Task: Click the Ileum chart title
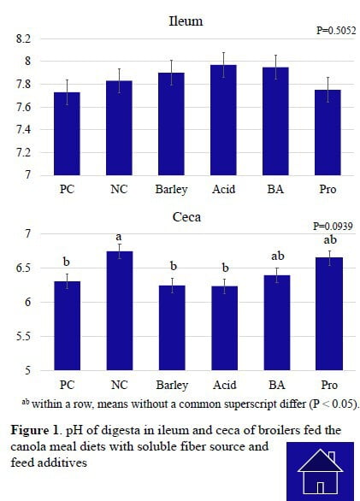coord(186,21)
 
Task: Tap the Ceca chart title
coord(186,217)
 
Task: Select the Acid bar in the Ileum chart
coord(223,120)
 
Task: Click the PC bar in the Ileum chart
coord(67,133)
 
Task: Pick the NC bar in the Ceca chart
coord(120,310)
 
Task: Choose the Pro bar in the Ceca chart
coord(329,314)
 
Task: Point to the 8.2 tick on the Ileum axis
coord(23,39)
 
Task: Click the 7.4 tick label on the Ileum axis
coord(23,129)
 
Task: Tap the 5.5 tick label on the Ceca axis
coord(23,336)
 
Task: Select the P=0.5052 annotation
coord(336,31)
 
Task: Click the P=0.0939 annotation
coord(333,227)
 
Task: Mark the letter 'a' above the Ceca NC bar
coord(119,237)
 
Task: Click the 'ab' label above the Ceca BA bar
coord(278,256)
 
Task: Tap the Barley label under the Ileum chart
coord(171,190)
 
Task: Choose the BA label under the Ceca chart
coord(276,385)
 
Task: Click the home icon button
coord(320,472)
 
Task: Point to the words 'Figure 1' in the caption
coord(35,430)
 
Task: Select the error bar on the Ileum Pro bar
coord(328,90)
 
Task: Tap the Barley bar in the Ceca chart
coord(172,327)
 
